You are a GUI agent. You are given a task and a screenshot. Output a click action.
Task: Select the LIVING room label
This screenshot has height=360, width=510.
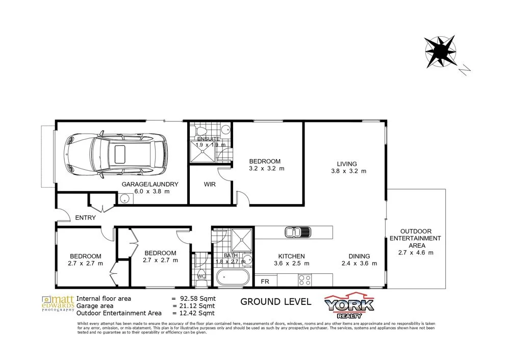[x=346, y=164]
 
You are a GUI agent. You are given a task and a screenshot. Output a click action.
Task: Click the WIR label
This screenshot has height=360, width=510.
[x=211, y=184]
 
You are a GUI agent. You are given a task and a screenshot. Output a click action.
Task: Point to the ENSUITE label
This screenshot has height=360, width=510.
[x=208, y=139]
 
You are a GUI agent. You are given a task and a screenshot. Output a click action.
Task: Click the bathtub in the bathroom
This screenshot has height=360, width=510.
[x=233, y=279]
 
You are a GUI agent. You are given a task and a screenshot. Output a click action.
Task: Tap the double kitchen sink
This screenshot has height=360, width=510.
[x=295, y=232]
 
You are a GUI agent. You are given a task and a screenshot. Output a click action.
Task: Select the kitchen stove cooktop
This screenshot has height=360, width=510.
[x=304, y=279]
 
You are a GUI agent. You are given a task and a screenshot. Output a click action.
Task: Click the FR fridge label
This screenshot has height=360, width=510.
[x=265, y=281]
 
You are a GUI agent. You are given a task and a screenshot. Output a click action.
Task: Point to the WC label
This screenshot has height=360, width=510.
[x=201, y=277]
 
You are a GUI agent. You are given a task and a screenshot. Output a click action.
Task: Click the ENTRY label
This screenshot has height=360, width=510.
[x=85, y=218]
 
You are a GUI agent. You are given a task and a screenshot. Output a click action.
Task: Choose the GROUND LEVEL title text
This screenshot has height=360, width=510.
[x=275, y=301]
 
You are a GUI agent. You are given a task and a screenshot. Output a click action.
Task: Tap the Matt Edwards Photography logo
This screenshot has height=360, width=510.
[x=57, y=302]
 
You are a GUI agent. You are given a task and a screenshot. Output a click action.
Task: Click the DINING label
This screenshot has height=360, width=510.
[x=360, y=256]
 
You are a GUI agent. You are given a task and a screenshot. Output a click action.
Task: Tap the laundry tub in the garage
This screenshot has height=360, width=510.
[x=124, y=199]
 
